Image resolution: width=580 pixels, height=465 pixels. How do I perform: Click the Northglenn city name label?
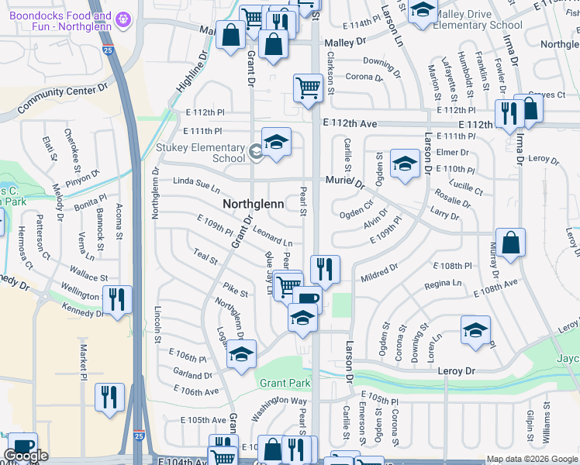[253, 204]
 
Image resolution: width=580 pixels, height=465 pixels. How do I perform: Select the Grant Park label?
[285, 383]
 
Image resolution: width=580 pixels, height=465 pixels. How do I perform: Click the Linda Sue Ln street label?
[196, 186]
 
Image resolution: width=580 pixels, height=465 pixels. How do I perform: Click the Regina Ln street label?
[443, 284]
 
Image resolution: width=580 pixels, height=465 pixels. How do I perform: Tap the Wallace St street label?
[88, 273]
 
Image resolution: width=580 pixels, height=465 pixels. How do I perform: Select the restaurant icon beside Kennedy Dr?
[117, 299]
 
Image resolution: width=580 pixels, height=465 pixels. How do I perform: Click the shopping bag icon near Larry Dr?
[510, 243]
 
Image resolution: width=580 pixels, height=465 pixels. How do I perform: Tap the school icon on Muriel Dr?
[403, 164]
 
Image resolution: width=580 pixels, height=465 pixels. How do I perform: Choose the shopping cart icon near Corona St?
[308, 88]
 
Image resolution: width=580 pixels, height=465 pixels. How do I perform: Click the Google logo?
[26, 456]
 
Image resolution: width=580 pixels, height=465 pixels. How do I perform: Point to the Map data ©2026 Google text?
[532, 459]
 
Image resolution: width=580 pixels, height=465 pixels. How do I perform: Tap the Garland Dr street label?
[192, 374]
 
